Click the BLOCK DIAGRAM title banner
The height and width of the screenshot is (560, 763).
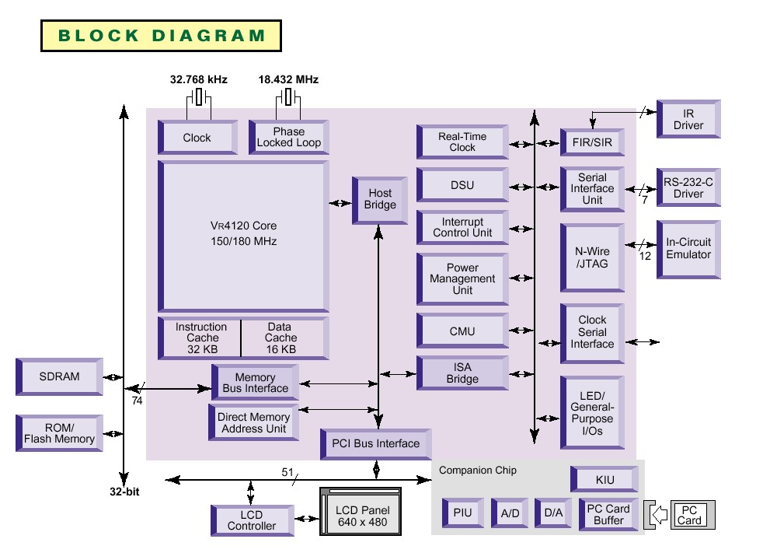pyautogui.click(x=161, y=36)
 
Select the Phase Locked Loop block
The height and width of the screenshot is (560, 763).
pyautogui.click(x=288, y=137)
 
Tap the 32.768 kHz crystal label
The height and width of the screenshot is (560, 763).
pyautogui.click(x=199, y=79)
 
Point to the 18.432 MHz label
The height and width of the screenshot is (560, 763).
pyautogui.click(x=288, y=79)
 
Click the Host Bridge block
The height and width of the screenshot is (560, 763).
pyautogui.click(x=380, y=200)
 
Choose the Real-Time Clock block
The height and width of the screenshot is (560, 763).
pyautogui.click(x=462, y=142)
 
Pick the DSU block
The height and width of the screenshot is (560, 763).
pyautogui.click(x=462, y=186)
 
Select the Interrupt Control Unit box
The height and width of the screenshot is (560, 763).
pyautogui.click(x=462, y=227)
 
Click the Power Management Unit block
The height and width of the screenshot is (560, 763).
pyautogui.click(x=462, y=278)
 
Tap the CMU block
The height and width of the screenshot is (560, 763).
pyautogui.click(x=462, y=332)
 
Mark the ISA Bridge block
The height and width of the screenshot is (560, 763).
pyautogui.click(x=462, y=373)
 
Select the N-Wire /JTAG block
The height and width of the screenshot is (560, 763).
pyautogui.click(x=592, y=257)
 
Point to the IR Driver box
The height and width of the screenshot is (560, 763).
pyautogui.click(x=688, y=119)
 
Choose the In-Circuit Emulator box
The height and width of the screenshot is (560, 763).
pyautogui.click(x=688, y=248)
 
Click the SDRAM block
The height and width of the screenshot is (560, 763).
pyautogui.click(x=60, y=376)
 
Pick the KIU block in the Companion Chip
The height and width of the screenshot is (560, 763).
pyautogui.click(x=605, y=480)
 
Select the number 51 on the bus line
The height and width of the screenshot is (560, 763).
pyautogui.click(x=287, y=472)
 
